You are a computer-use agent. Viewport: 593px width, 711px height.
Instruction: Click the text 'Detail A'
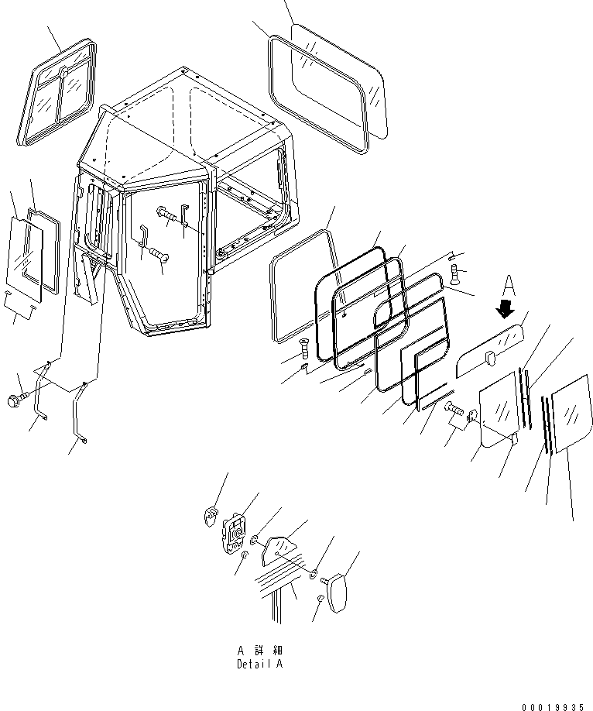coord(260,665)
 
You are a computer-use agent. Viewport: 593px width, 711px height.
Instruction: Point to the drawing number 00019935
coord(552,707)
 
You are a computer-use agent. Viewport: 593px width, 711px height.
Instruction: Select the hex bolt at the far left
coord(18,399)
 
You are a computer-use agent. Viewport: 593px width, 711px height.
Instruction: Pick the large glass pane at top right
coord(339,81)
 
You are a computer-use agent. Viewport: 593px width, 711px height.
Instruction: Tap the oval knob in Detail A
coord(337,592)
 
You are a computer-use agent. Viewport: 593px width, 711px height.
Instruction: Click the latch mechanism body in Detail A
coord(234,532)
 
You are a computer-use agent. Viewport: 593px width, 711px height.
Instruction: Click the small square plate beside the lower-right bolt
coord(472,416)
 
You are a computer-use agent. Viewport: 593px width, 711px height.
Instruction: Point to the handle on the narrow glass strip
coord(489,359)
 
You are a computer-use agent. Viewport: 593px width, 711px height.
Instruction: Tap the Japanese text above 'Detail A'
coord(260,651)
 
